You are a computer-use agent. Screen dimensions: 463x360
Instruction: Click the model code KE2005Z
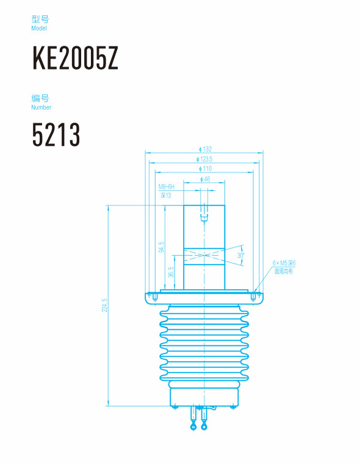click(75, 59)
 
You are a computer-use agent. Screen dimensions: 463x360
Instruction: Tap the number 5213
click(56, 135)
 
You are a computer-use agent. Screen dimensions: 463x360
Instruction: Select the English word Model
click(38, 29)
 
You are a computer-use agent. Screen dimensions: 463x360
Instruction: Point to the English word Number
click(41, 107)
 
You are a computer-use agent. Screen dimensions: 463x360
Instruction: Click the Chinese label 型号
click(40, 20)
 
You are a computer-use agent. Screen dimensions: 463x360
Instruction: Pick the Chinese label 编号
click(40, 98)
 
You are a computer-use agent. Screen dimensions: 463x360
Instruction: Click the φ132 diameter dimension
click(205, 149)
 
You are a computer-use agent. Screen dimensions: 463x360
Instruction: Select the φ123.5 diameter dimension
click(205, 159)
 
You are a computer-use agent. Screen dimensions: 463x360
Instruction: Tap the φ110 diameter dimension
click(205, 169)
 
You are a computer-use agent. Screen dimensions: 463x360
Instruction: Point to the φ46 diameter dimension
click(205, 179)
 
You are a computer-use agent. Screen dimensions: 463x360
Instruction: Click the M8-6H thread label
click(167, 187)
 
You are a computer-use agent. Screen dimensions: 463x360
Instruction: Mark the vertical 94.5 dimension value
click(161, 247)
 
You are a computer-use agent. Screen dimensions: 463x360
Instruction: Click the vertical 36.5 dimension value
click(171, 272)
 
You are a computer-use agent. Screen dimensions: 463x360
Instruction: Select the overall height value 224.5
click(104, 305)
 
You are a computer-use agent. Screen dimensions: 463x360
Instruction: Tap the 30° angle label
click(241, 256)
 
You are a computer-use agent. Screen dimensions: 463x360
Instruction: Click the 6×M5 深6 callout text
click(284, 263)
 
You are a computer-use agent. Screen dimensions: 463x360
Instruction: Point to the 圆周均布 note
click(284, 271)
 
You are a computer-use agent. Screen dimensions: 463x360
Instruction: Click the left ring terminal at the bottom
click(194, 427)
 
